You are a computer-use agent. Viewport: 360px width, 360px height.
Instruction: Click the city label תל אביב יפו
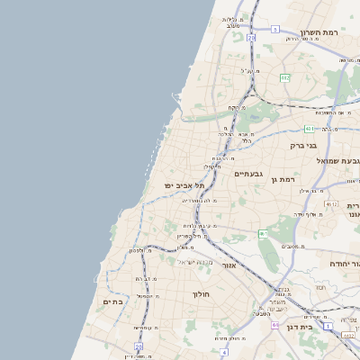coord(184,184)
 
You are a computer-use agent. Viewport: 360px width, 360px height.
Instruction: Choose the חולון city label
coord(200,294)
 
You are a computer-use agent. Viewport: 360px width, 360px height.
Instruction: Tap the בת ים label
coord(113,301)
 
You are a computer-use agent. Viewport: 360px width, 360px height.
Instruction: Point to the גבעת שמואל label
coord(333,159)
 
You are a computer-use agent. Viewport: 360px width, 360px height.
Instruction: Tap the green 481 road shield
coord(309,129)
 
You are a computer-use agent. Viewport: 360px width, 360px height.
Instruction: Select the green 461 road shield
coord(263,234)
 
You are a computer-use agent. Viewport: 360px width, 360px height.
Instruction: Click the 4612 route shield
coord(332,204)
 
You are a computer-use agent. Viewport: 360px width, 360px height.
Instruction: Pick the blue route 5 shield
coord(251,39)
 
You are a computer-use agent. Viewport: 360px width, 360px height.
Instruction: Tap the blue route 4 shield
coord(223,352)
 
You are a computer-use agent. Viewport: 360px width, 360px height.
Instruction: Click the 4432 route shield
coord(347,335)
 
